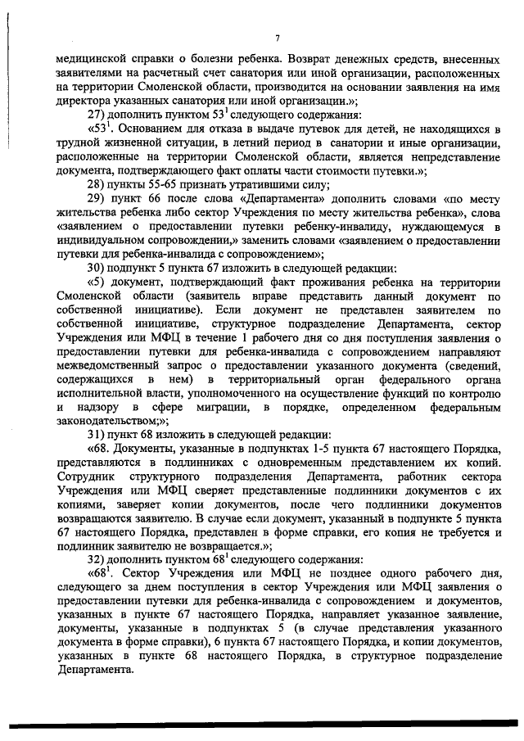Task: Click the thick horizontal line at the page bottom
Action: click(x=262, y=723)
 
